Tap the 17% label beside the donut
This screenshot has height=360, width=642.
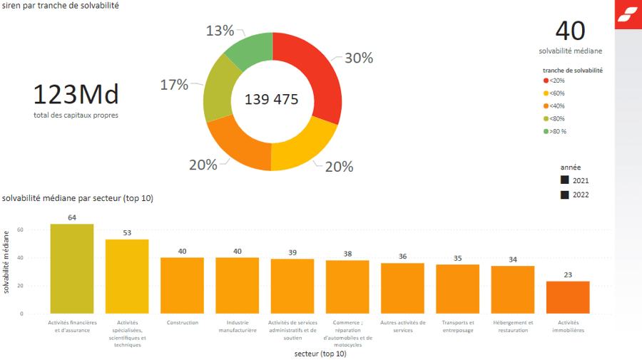tap(174, 85)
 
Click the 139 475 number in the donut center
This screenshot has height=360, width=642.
tap(271, 100)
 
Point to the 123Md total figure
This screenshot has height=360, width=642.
tap(76, 95)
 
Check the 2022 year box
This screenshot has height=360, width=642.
tap(565, 195)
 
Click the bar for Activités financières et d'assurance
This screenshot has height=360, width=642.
tap(72, 269)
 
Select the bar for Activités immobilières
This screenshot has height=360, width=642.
tap(568, 297)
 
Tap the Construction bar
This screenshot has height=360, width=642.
tap(182, 285)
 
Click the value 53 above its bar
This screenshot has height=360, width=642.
tap(127, 233)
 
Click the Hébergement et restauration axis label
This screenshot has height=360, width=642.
tap(513, 326)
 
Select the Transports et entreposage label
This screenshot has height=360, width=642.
tap(457, 326)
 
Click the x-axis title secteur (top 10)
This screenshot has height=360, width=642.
tap(320, 353)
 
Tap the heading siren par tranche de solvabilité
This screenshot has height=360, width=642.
tap(61, 6)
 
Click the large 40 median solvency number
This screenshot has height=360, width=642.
tap(570, 31)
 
